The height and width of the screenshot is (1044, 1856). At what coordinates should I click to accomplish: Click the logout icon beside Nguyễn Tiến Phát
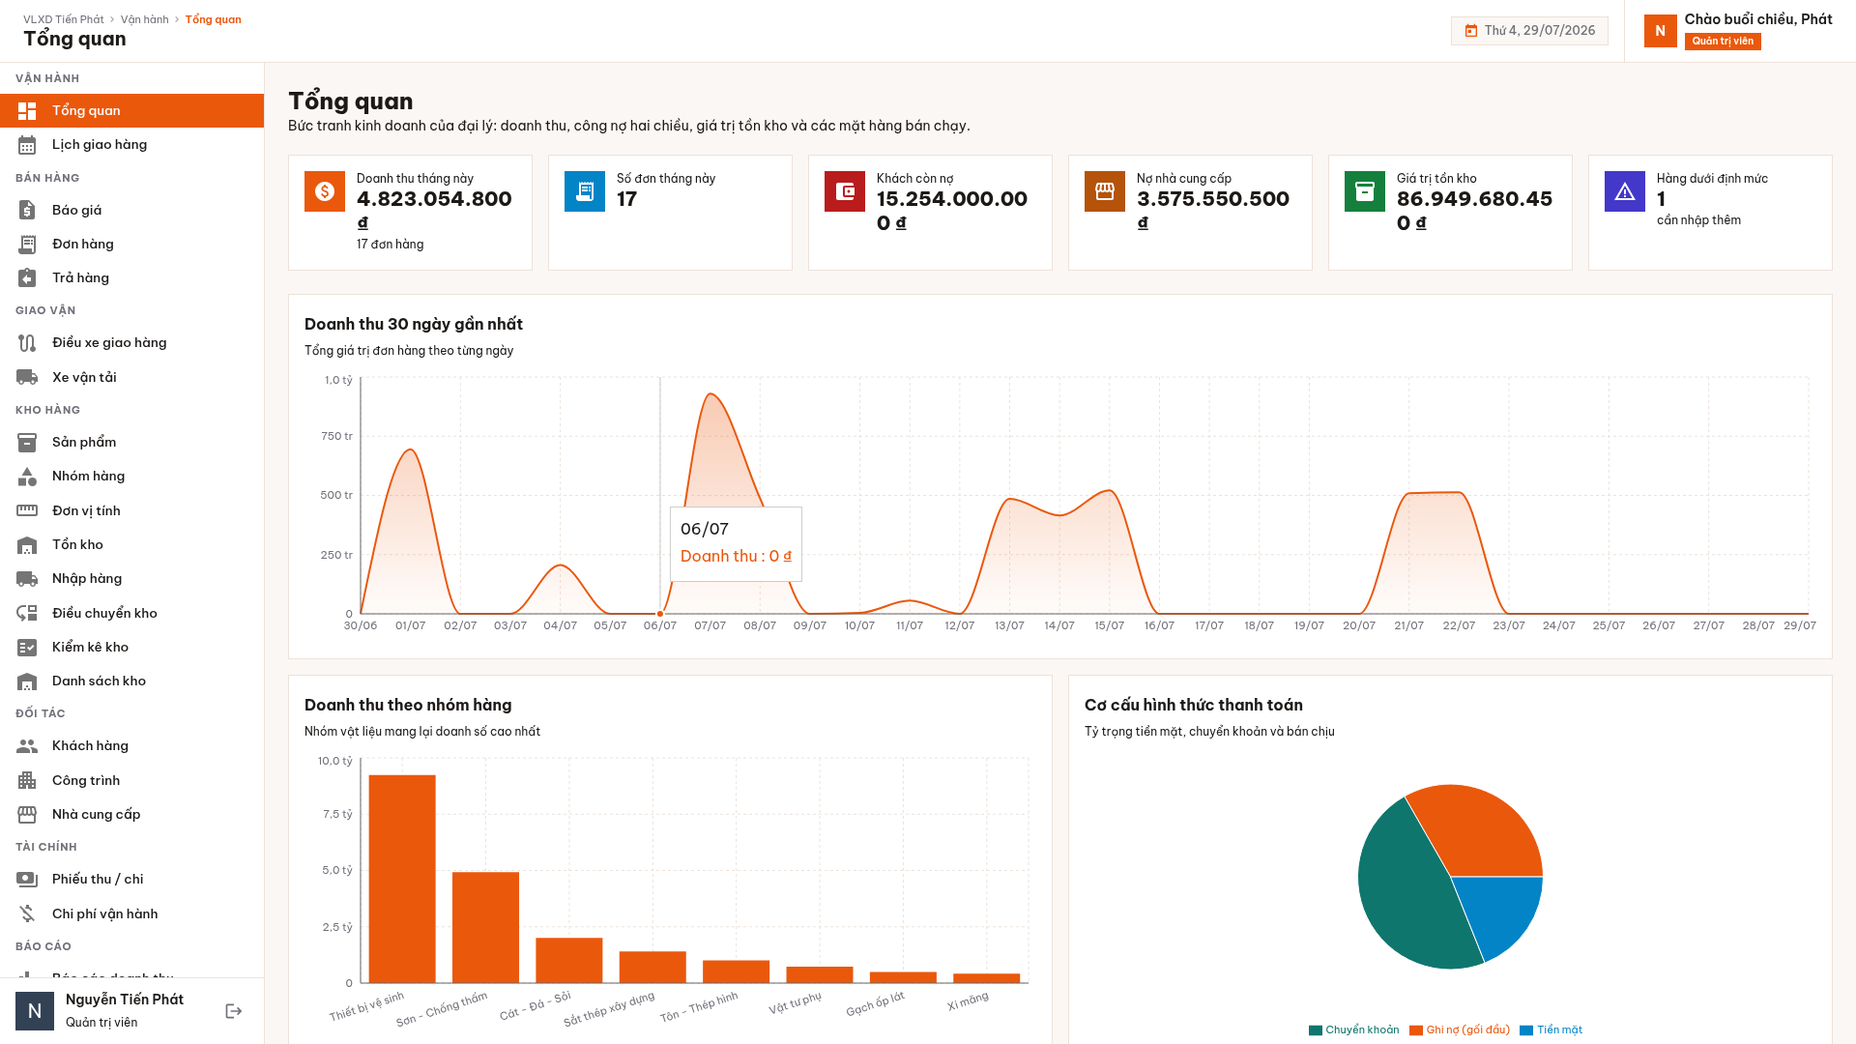pyautogui.click(x=234, y=1011)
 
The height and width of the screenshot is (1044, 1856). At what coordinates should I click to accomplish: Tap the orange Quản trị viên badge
pyautogui.click(x=1723, y=42)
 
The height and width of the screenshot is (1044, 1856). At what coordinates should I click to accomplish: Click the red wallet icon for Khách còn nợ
pyautogui.click(x=845, y=191)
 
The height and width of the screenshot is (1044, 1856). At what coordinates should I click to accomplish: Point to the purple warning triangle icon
pyautogui.click(x=1625, y=191)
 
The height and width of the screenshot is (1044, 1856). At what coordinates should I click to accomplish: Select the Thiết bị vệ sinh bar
pyautogui.click(x=402, y=879)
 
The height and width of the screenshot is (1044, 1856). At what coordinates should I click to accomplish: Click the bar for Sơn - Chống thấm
pyautogui.click(x=485, y=928)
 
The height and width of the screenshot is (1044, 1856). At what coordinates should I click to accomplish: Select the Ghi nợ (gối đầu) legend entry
pyautogui.click(x=1460, y=1030)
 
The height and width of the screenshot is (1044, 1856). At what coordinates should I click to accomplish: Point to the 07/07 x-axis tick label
pyautogui.click(x=710, y=625)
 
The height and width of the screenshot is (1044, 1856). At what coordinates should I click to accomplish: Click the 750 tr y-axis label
pyautogui.click(x=336, y=436)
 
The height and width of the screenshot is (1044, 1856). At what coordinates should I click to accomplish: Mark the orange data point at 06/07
pyautogui.click(x=660, y=614)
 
